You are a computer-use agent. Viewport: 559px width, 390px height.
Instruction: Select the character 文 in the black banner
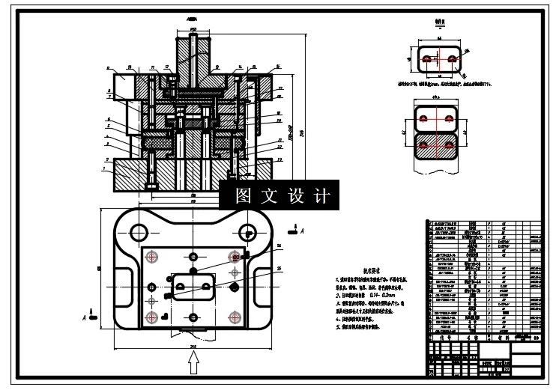tap(269, 197)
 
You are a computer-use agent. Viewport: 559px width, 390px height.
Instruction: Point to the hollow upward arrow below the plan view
tap(193, 363)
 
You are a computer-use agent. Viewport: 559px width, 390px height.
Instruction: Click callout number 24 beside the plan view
tap(279, 246)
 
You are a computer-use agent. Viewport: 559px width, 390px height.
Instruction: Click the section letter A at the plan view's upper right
tap(301, 233)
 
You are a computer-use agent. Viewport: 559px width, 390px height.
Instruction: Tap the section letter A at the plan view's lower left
tap(84, 317)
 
